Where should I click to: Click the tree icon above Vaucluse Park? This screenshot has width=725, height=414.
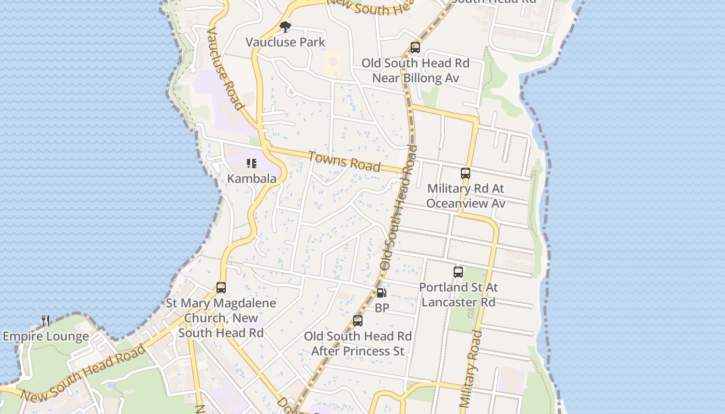[284, 26]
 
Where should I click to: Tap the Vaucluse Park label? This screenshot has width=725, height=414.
[285, 42]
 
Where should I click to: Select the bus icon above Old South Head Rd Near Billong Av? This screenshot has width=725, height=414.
[415, 48]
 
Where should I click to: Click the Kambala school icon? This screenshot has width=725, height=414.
[252, 164]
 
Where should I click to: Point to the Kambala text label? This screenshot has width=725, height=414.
[252, 179]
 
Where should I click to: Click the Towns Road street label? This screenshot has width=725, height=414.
[344, 161]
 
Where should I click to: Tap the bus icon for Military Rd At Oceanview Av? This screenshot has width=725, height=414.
[466, 173]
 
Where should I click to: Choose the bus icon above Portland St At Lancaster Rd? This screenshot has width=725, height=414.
[458, 272]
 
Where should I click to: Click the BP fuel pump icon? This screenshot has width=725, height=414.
[381, 293]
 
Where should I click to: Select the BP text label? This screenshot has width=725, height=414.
[382, 308]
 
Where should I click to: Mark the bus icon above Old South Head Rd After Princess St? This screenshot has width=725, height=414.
[358, 321]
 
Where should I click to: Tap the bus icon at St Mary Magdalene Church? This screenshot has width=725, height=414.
[221, 288]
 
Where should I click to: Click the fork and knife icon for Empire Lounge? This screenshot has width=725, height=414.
[46, 321]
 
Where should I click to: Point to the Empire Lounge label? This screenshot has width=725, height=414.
[46, 336]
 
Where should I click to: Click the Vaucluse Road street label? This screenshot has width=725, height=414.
[225, 68]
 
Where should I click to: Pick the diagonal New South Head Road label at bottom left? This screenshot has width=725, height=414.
[83, 374]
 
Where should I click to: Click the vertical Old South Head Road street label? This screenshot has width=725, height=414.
[398, 207]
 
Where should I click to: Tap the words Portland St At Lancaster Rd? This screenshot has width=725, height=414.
[458, 294]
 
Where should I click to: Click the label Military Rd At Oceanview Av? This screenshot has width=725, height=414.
[466, 196]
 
